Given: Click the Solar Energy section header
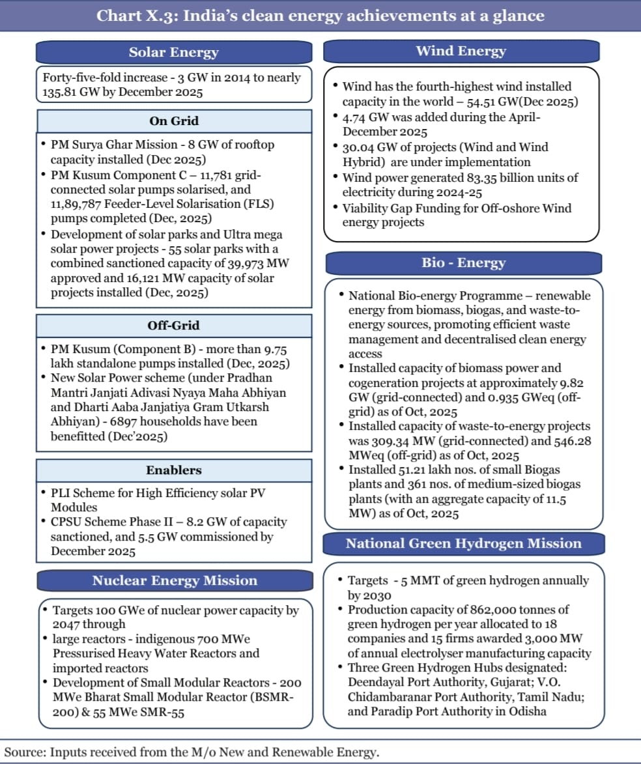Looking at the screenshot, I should click(x=173, y=53).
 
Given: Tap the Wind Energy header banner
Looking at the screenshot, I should click(x=461, y=51).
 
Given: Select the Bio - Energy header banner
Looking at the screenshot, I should click(x=463, y=263).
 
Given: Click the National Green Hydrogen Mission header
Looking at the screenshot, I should click(x=463, y=544).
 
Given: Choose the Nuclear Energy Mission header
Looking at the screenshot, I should click(x=175, y=580).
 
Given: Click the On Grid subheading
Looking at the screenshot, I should click(x=174, y=121).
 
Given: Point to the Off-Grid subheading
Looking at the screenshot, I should click(x=174, y=326).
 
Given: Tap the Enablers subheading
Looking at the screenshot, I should click(x=174, y=470).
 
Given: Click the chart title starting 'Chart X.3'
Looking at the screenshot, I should click(x=320, y=16).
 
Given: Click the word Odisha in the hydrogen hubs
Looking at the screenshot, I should click(x=528, y=711).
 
